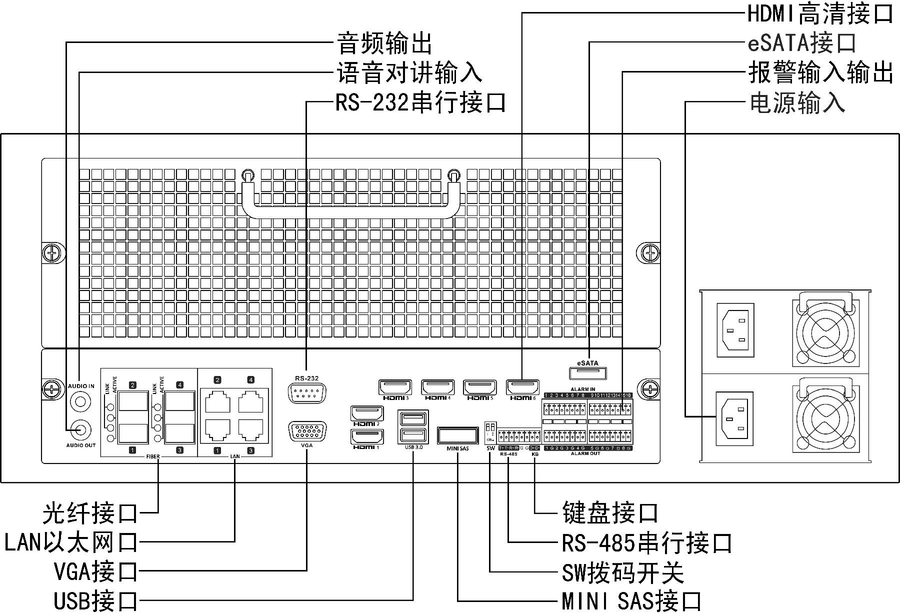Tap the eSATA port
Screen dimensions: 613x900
[x=588, y=373]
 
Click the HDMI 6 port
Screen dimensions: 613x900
[x=523, y=387]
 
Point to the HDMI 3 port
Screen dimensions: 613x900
[x=395, y=387]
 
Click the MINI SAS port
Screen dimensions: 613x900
[x=457, y=435]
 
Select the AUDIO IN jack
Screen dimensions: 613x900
[x=80, y=400]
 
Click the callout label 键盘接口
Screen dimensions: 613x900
[x=610, y=513]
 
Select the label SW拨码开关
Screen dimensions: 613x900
[x=622, y=573]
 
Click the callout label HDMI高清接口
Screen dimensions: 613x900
[x=820, y=13]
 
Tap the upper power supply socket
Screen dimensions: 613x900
[x=735, y=330]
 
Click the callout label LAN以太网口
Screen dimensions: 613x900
[x=71, y=542]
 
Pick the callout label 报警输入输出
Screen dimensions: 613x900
[x=820, y=73]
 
